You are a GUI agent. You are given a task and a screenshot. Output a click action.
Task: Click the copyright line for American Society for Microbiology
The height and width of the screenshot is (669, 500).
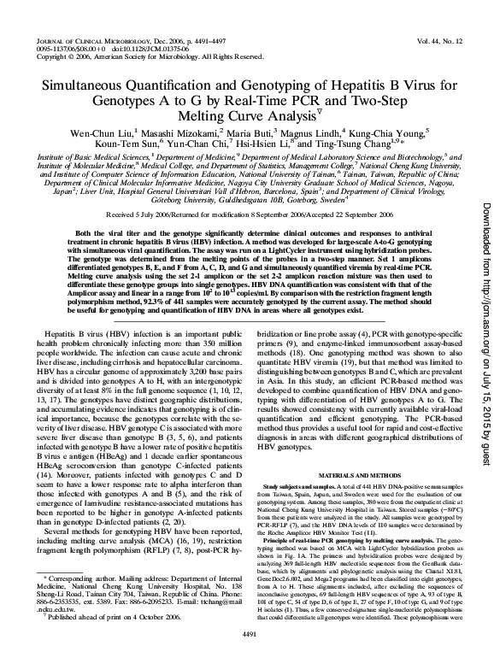[128, 57]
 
